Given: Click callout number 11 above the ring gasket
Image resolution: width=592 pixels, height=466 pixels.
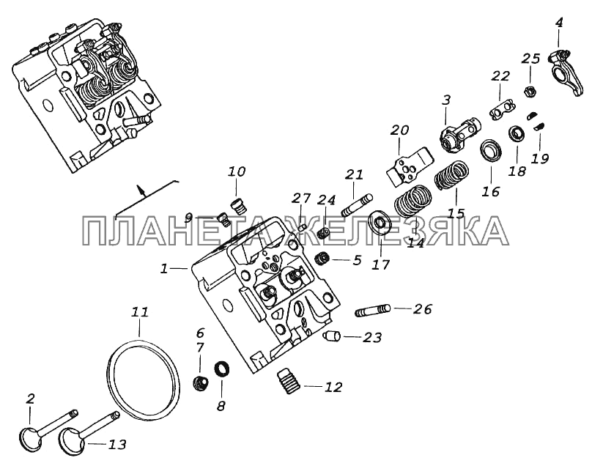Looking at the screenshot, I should click(139, 313).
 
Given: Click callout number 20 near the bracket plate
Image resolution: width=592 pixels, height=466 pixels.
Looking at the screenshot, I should click(399, 130).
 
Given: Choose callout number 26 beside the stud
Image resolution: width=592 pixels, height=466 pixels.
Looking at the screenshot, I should click(422, 310).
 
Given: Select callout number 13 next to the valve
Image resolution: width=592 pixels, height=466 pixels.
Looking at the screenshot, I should click(117, 444).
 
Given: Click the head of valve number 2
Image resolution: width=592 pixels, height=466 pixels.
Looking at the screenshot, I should click(34, 438).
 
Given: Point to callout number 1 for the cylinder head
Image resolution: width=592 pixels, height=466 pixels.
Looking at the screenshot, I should click(166, 270).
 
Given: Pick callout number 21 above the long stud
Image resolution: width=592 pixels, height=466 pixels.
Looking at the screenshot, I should click(355, 174).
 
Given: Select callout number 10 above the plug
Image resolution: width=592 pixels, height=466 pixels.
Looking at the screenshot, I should click(237, 172).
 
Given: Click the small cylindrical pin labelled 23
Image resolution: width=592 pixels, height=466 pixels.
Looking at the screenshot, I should click(330, 337).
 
